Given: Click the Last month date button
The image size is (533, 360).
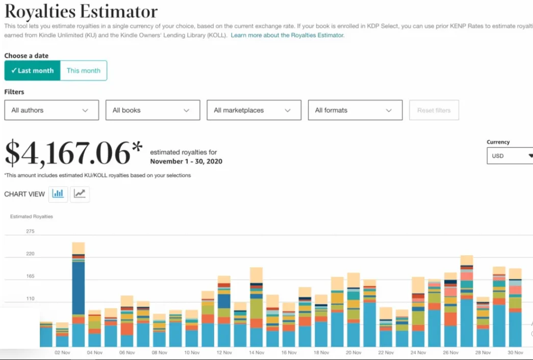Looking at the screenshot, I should click(32, 71).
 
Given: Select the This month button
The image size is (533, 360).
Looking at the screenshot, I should click(84, 71).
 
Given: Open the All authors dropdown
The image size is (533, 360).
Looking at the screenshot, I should click(52, 110).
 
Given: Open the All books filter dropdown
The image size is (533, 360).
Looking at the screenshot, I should click(153, 110).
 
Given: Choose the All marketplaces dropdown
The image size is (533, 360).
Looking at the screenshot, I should click(253, 110).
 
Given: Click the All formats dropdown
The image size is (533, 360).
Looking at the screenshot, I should click(355, 110).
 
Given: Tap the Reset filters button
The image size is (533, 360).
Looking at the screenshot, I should click(434, 110).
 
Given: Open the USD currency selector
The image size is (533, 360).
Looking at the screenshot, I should click(510, 156).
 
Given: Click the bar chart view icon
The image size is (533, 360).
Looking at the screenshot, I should click(58, 194).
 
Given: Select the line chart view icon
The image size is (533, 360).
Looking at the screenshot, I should click(80, 194).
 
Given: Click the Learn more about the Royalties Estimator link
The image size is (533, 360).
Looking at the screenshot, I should click(288, 36).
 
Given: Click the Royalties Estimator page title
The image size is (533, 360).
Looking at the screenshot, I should click(81, 12).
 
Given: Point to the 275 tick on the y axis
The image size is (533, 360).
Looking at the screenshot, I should click(30, 232).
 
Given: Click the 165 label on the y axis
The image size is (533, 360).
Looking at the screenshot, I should click(30, 276).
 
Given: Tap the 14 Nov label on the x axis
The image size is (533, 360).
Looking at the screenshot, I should click(257, 352).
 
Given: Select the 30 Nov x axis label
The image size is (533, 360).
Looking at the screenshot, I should click(515, 352).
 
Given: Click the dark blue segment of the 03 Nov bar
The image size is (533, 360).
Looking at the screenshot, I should click(79, 288).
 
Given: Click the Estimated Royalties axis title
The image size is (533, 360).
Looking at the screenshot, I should click(32, 217).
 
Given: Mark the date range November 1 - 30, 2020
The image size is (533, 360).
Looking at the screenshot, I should click(186, 162).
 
